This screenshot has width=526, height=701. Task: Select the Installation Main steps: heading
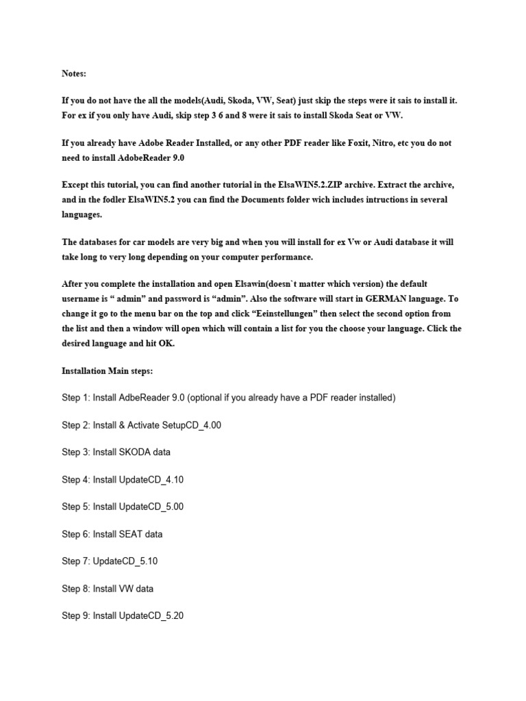pyautogui.click(x=108, y=370)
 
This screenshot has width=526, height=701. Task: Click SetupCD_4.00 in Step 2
pyautogui.click(x=192, y=425)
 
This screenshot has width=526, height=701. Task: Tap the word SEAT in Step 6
pyautogui.click(x=132, y=534)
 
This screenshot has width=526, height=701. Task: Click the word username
pyautogui.click(x=83, y=298)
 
